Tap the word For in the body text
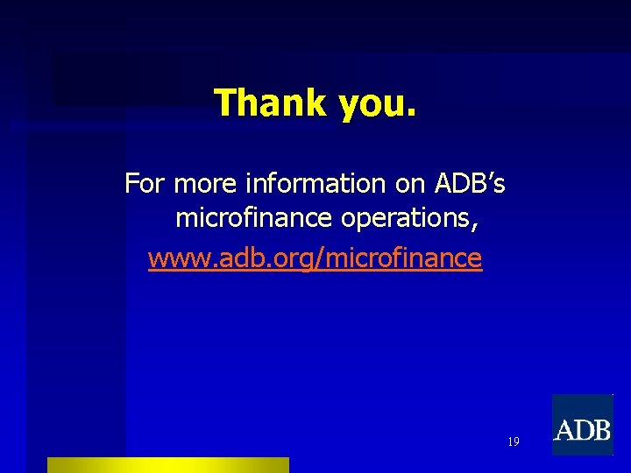coord(145,184)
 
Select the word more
coord(207,185)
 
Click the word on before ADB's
coord(409,185)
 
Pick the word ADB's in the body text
coord(470,184)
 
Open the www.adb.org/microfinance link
coord(315,258)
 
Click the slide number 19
coord(513,442)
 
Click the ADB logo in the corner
coord(582,425)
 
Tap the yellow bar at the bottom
coord(167,464)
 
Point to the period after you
coord(412,113)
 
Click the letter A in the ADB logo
coord(565,430)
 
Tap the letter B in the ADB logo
coord(600,430)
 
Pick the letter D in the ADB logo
coord(583,430)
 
